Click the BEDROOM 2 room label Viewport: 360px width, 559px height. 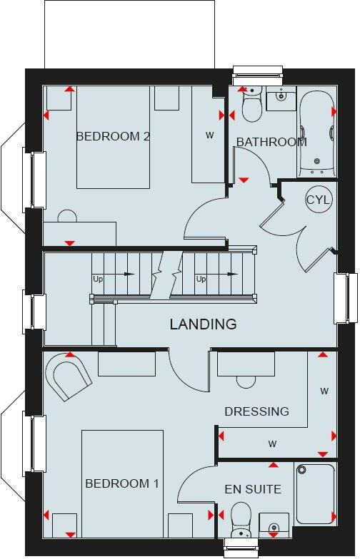pyautogui.click(x=113, y=136)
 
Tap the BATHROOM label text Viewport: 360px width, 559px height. pyautogui.click(x=271, y=142)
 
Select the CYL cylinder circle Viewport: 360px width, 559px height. pyautogui.click(x=318, y=200)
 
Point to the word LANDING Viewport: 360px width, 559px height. pyautogui.click(x=203, y=324)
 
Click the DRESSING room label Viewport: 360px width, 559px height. pyautogui.click(x=256, y=411)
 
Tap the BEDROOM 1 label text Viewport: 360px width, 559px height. pyautogui.click(x=122, y=483)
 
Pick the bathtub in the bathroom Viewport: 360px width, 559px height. pyautogui.click(x=317, y=133)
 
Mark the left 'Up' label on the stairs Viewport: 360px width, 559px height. pyautogui.click(x=98, y=279)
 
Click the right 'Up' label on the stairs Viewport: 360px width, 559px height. pyautogui.click(x=201, y=279)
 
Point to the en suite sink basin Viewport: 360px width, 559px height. pyautogui.click(x=274, y=525)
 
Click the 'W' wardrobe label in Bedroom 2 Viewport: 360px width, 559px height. pyautogui.click(x=210, y=135)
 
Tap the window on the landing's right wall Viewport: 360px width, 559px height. pyautogui.click(x=346, y=297)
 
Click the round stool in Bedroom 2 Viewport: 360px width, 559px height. pyautogui.click(x=68, y=216)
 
